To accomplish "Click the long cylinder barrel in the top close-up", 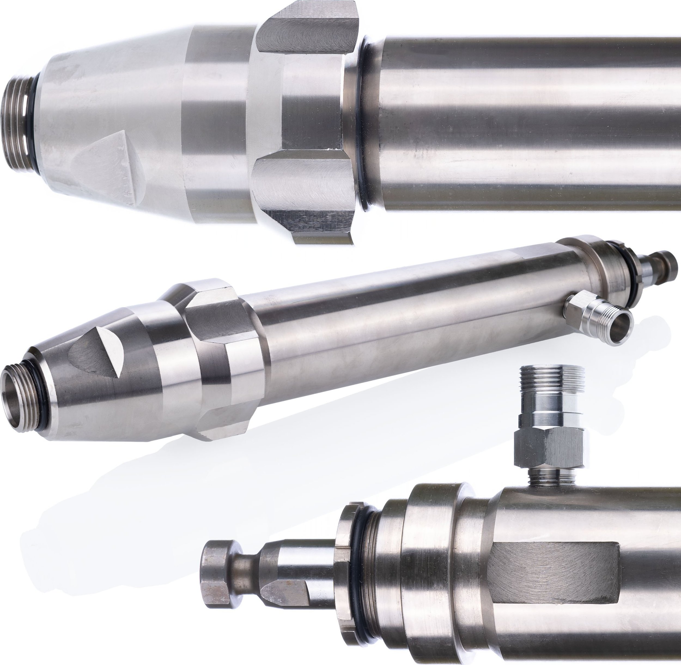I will point(524,122).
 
